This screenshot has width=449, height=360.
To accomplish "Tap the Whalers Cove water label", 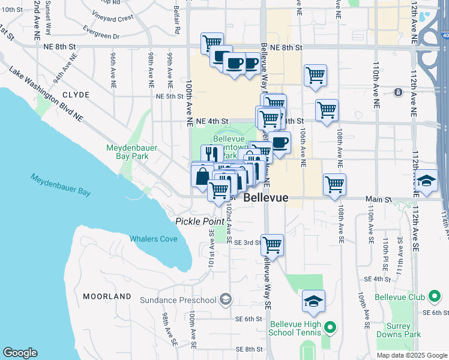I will [x=154, y=239].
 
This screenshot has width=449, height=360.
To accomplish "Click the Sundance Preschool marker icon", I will [x=226, y=299].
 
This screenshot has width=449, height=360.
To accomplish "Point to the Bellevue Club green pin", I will [x=433, y=297].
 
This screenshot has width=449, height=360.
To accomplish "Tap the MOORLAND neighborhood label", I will [x=107, y=296].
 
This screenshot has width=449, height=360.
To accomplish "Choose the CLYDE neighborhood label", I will [x=75, y=95].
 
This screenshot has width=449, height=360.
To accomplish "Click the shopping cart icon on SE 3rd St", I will [x=273, y=245].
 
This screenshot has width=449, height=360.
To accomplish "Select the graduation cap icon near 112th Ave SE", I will [x=427, y=180].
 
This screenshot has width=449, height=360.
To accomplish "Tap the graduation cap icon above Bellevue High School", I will [x=313, y=301].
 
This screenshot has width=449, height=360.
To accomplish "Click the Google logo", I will [x=20, y=353].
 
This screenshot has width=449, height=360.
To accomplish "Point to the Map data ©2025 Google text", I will [x=412, y=355].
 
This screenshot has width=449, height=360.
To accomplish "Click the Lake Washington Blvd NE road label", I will [x=46, y=95].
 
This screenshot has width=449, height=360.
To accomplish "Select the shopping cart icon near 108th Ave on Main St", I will [x=334, y=184].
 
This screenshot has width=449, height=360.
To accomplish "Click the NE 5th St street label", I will [x=169, y=96].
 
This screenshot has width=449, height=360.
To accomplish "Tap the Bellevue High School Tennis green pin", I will [x=329, y=328].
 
